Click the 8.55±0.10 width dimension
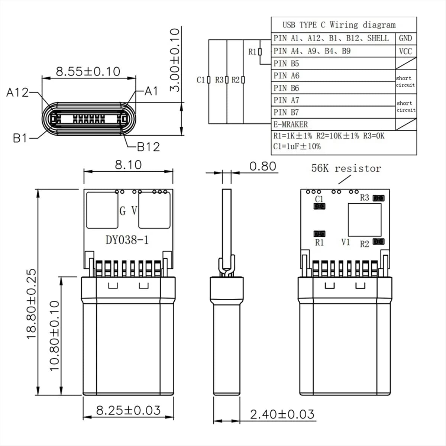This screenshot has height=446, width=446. point(88,71)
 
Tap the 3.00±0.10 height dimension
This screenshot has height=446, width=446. point(175,59)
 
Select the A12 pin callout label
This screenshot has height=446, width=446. point(17,92)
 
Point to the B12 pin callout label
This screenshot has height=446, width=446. point(148,147)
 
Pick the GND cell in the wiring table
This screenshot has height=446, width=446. point(405,38)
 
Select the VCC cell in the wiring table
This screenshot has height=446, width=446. point(405,51)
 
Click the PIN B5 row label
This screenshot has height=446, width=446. point(286,64)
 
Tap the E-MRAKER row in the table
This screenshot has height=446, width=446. point(290,124)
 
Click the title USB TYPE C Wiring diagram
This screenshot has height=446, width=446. point(339,25)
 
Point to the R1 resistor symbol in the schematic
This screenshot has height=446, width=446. point(260,52)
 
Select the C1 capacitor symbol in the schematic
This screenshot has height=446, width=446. point(209,80)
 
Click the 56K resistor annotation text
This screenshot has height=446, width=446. point(346,168)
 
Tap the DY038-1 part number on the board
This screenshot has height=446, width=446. point(127,240)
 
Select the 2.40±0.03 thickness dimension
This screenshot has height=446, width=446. point(282,414)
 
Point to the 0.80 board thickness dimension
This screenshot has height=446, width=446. point(262,166)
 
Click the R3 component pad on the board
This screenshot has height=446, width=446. point(379,198)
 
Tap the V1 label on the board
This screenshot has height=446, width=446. point(346,242)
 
